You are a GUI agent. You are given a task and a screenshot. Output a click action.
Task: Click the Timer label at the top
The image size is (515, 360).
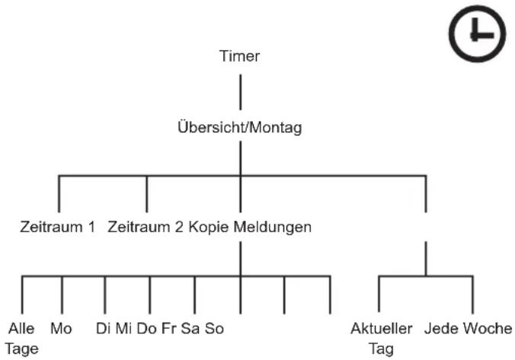tap(239, 56)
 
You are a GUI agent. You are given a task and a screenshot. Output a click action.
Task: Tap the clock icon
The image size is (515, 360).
tap(477, 33)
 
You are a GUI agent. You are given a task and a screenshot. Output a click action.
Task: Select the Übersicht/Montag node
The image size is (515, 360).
tap(240, 127)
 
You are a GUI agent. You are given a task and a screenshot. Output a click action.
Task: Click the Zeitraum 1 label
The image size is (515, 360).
tap(57, 227)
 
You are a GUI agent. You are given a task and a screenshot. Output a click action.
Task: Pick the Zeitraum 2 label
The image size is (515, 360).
tap(146, 227)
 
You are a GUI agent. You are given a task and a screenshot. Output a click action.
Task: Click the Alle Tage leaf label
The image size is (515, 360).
tap(21, 339)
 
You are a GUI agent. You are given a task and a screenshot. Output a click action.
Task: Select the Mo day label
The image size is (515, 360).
tap(61, 329)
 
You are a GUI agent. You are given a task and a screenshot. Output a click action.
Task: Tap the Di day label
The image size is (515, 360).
tap(103, 329)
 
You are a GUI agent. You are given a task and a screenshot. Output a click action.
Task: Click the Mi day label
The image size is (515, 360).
tap(124, 329)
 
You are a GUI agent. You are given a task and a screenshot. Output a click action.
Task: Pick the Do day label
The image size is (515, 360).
tap(146, 329)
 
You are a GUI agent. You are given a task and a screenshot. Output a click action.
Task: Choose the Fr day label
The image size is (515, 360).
tap(169, 329)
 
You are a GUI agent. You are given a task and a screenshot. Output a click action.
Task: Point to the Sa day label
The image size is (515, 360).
tap(190, 329)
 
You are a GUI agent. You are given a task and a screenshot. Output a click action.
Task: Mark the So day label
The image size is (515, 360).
tap(215, 329)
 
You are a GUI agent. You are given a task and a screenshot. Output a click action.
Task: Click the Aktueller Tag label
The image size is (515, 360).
tap(382, 339)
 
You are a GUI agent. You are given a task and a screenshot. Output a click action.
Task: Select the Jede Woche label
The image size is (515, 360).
tap(468, 329)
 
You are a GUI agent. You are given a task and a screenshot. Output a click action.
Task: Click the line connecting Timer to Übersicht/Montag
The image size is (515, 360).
tap(241, 92)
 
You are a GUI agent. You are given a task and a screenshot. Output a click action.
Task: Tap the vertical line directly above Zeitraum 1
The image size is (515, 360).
tap(59, 194)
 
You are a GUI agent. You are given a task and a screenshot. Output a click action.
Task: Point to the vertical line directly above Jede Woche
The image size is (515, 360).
tap(472, 295)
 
